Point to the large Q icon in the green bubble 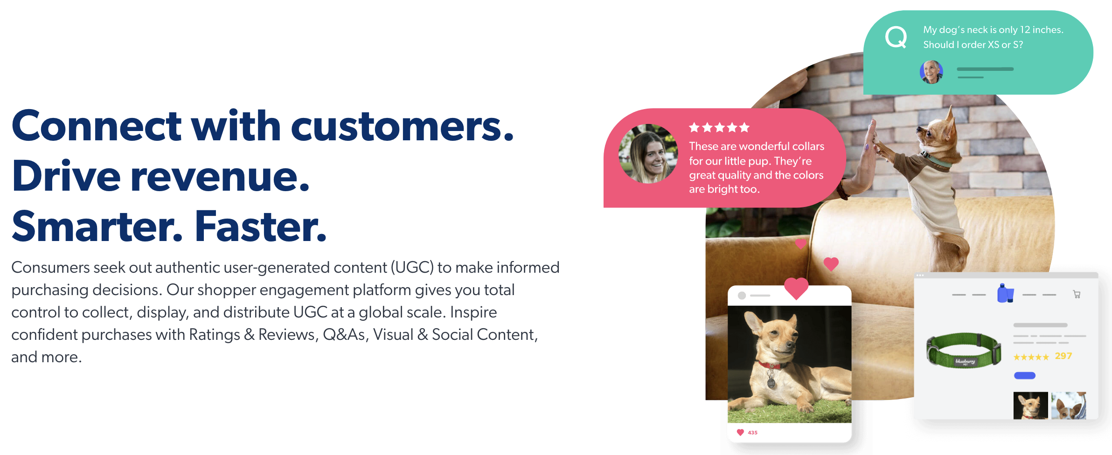pos(896,37)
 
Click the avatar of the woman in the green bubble pos(931,72)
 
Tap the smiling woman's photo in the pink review pos(648,154)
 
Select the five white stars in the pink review pos(719,127)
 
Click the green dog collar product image pos(964,350)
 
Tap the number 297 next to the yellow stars pos(1063,356)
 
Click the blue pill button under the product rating pos(1025,375)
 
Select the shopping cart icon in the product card pos(1077,294)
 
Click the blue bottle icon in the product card pos(1005,293)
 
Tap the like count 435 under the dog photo pos(752,433)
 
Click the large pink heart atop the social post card pos(796,288)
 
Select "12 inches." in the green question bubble pos(1042,30)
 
